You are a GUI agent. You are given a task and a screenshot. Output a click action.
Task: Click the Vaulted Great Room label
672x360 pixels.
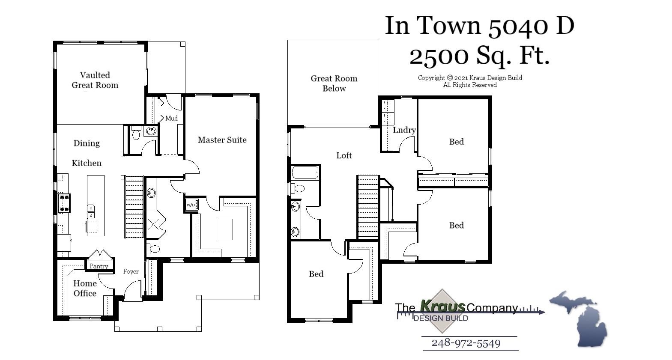coord(95,80)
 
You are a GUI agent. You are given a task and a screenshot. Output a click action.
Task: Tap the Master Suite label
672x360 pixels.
coord(222,140)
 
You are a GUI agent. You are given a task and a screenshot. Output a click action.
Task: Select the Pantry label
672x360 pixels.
coord(99,266)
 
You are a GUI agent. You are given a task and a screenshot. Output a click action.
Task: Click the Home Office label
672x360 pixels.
coord(85,288)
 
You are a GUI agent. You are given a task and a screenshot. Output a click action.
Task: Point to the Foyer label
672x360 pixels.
coord(131,271)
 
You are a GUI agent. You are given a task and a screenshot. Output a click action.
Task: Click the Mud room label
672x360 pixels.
coord(171,118)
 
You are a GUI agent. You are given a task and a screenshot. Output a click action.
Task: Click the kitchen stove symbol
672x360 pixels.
coord(64,203)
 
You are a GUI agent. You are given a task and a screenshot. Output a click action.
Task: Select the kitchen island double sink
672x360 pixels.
coord(91,212)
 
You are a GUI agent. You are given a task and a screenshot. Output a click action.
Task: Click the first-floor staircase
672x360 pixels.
coord(134,207)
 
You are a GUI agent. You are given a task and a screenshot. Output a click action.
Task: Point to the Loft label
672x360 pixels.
coord(344,155)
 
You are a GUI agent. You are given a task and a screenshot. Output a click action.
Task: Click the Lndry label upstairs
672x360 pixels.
coord(404,130)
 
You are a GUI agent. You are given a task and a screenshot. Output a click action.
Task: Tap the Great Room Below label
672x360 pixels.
coord(334,83)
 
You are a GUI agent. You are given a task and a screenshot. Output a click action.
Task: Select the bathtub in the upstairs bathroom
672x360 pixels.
coord(305,173)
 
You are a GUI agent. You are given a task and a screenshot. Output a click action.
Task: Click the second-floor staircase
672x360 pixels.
coord(368,207)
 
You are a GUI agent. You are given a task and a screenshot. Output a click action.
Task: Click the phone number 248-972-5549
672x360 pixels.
coord(466,343)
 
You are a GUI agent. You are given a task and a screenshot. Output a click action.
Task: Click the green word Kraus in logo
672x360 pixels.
coord(442,306)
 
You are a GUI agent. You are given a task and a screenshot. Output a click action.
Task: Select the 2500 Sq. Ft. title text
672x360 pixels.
coord(479,56)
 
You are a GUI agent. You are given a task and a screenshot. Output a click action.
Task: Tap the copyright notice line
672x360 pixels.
coord(470,78)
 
